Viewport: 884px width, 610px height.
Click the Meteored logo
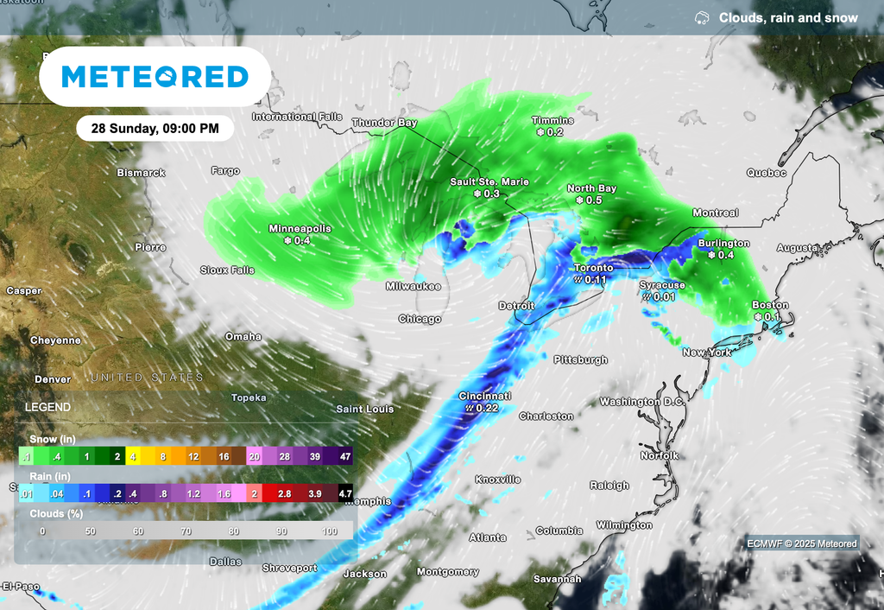pyautogui.click(x=155, y=77)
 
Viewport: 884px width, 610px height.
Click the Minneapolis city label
pyautogui.click(x=300, y=229)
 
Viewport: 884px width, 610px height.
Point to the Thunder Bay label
pyautogui.click(x=384, y=123)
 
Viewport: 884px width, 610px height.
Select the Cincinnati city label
pyautogui.click(x=484, y=396)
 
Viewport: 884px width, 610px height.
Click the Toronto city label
pyautogui.click(x=594, y=269)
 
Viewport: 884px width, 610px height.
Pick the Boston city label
pyautogui.click(x=770, y=305)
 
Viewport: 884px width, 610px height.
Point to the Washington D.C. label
pyautogui.click(x=641, y=402)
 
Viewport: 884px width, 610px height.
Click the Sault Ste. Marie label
pyautogui.click(x=489, y=182)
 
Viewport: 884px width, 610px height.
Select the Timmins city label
pyautogui.click(x=552, y=121)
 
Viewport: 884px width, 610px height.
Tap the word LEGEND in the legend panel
pyautogui.click(x=48, y=407)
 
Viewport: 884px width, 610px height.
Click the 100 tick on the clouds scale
pyautogui.click(x=329, y=531)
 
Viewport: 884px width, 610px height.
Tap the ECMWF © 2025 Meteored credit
pyautogui.click(x=802, y=543)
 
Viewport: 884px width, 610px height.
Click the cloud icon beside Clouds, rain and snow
pyautogui.click(x=703, y=18)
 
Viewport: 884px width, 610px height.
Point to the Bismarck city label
pyautogui.click(x=141, y=173)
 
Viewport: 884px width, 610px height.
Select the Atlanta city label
pyautogui.click(x=487, y=537)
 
